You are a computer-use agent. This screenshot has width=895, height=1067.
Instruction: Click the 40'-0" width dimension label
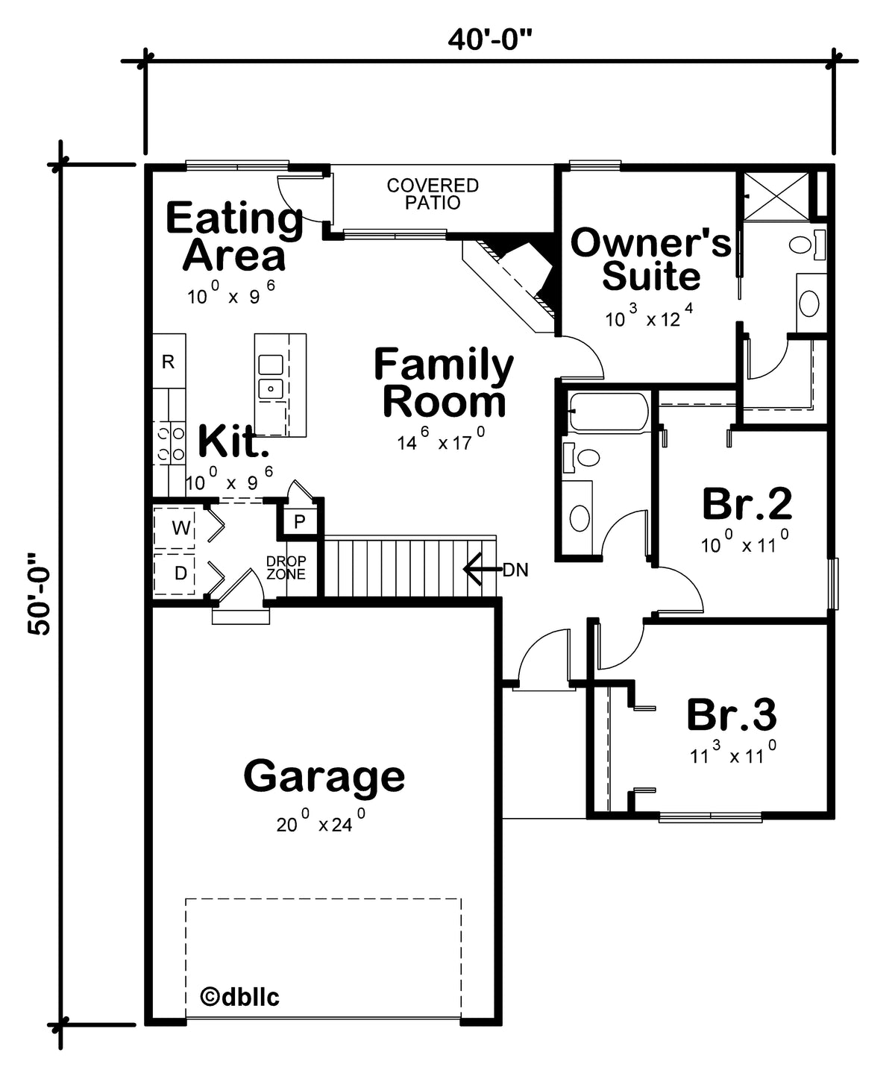(x=490, y=40)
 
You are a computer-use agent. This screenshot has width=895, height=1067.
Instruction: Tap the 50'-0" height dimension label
(x=40, y=594)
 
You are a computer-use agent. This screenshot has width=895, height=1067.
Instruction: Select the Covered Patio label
(x=433, y=194)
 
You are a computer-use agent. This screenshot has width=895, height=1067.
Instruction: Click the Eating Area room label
(x=235, y=236)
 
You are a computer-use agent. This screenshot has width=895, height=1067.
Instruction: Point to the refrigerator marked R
(x=169, y=362)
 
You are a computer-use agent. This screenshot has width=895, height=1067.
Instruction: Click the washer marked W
(x=175, y=527)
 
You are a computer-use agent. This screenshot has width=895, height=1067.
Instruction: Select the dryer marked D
(x=175, y=573)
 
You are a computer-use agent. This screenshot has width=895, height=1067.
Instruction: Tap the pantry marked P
(x=300, y=521)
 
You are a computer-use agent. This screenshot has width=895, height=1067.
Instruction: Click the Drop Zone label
(x=286, y=567)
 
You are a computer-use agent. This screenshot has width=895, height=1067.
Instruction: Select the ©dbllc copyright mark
(x=239, y=996)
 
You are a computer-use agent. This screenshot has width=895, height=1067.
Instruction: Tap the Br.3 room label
(x=732, y=714)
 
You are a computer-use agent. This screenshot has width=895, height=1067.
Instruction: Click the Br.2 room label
(x=747, y=504)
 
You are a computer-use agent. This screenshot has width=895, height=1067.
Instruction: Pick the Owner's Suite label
(x=651, y=259)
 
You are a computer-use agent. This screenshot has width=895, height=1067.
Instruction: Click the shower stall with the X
(x=776, y=197)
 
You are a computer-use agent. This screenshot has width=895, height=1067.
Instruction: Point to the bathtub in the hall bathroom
(x=609, y=412)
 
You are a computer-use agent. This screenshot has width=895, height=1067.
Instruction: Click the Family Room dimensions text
(x=441, y=439)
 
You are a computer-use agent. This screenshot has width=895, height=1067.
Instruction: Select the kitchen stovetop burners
(x=170, y=443)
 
